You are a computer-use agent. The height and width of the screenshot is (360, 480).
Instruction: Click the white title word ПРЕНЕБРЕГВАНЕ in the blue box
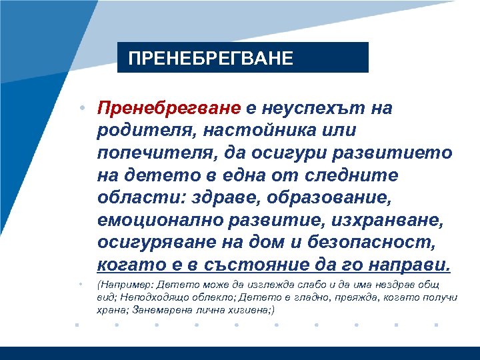tap(211, 58)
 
